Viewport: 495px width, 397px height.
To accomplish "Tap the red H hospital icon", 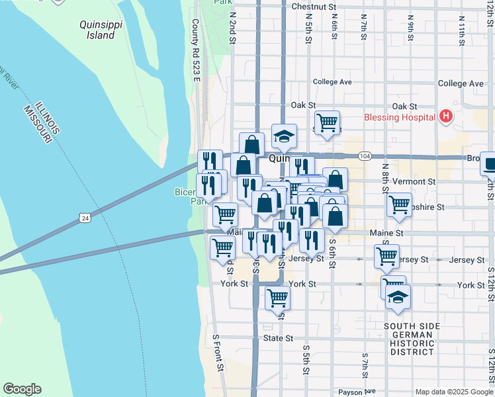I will coord(446,117).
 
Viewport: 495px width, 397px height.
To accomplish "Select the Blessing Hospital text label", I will coord(400,117).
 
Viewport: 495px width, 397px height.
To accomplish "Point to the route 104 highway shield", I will coord(365,155).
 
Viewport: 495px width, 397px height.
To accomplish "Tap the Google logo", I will coord(22,389).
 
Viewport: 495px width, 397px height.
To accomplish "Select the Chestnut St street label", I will coord(313,7).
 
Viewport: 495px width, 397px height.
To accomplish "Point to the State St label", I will coord(278,338).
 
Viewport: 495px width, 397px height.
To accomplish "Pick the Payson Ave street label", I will coord(357,392).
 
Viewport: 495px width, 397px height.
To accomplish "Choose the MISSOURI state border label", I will coord(38,124).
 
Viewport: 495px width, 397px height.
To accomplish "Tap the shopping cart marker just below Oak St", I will coord(327,122).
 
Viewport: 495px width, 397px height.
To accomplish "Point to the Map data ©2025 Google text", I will coord(454,392).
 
